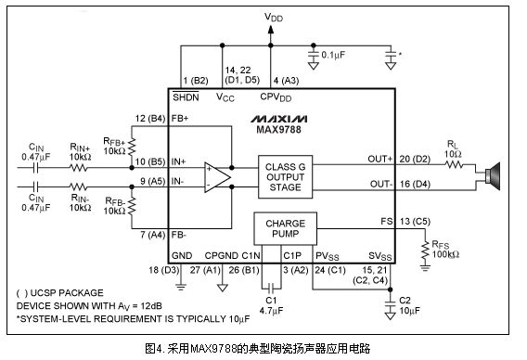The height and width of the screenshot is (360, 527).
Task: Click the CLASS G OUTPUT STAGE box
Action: tap(285, 177)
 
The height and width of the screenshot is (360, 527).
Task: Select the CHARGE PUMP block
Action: tap(285, 228)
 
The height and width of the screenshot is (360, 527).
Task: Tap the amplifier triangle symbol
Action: tap(217, 177)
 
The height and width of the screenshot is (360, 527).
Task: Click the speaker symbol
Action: tap(493, 176)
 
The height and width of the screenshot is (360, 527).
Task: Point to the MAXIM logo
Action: tap(278, 119)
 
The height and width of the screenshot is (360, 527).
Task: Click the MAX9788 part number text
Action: tap(278, 130)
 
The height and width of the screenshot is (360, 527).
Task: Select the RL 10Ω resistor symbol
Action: tap(455, 165)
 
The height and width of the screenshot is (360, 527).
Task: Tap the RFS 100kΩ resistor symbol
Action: tap(426, 250)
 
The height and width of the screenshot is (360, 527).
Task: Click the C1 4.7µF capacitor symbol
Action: tap(272, 288)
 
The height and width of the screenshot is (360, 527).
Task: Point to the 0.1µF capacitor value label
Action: tap(333, 55)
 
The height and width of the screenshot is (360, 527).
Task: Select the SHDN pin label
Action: tap(186, 97)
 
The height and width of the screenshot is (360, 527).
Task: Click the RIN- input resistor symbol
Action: tap(79, 186)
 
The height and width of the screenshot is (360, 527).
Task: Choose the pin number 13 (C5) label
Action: tap(415, 222)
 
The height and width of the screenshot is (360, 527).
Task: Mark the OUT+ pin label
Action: tap(380, 159)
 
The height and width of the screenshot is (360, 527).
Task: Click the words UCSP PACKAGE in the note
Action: tap(67, 293)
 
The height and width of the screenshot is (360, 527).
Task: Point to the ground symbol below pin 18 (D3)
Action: tap(181, 288)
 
